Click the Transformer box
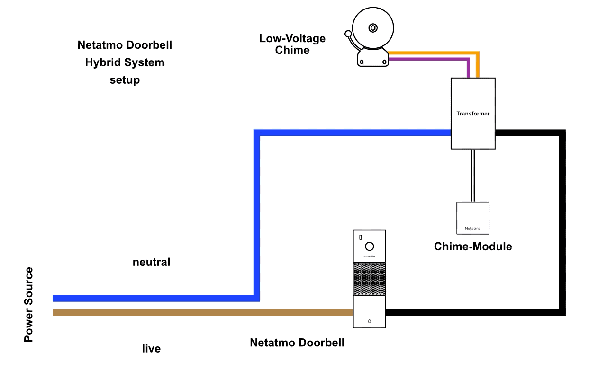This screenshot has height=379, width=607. (x=472, y=114)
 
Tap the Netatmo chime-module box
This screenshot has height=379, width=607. (x=472, y=218)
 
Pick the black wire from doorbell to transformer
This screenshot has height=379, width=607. (x=562, y=222)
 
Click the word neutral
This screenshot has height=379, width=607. (x=151, y=262)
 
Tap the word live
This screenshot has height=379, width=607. (x=151, y=349)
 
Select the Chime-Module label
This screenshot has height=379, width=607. (x=473, y=247)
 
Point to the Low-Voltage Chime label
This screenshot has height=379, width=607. (x=292, y=44)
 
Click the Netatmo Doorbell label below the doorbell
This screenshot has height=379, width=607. (x=297, y=343)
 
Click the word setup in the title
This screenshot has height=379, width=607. (x=125, y=80)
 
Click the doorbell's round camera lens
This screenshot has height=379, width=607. (x=370, y=246)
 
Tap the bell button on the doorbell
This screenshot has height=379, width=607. (x=370, y=321)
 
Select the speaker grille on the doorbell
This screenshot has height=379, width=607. (x=370, y=279)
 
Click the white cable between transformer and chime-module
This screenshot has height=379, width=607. (x=472, y=176)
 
